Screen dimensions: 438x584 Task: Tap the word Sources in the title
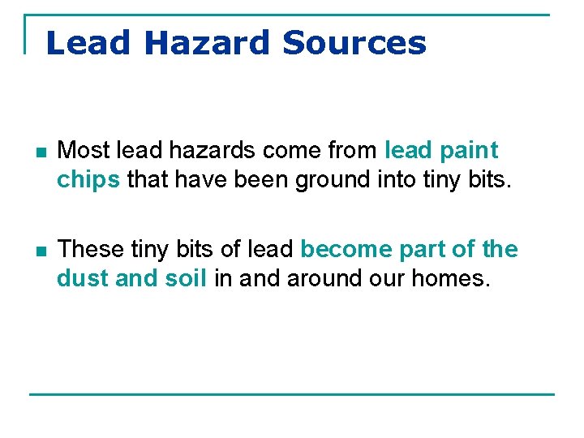[x=354, y=42]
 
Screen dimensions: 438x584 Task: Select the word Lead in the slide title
[x=88, y=42]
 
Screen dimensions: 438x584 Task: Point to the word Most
[x=84, y=150]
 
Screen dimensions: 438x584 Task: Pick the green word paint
[x=470, y=152]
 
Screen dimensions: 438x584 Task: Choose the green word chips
[x=88, y=179]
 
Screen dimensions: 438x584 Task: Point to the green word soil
[x=187, y=278]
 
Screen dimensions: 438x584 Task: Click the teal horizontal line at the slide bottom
[x=292, y=394]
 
